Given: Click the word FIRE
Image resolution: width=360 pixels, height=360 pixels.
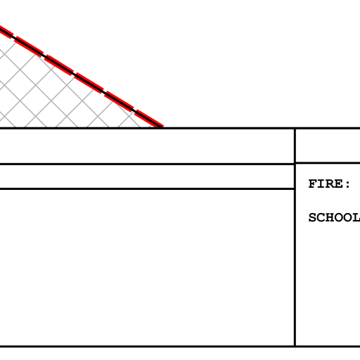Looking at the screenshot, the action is coord(326,184).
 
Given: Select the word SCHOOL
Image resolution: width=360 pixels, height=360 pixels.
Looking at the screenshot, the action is coord(334,217).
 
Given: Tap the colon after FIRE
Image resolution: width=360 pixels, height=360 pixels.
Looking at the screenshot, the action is coord(347,185).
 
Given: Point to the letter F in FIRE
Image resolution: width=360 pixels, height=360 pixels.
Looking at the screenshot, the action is coord(313,184).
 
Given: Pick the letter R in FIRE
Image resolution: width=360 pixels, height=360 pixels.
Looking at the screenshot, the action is coord(330,184).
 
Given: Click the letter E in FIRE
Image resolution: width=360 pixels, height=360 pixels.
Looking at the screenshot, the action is coord(339,184).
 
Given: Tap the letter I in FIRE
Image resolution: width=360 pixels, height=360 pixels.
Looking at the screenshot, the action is coord(321,184).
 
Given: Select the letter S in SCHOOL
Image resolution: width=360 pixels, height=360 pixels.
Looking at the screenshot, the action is coord(313,217).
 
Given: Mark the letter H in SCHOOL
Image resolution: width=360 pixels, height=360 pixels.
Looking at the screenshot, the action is coord(330,217).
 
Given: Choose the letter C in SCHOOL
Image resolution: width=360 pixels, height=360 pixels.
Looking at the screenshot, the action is coord(321,217).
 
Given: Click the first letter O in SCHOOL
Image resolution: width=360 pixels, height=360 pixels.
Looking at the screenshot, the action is coord(339,217).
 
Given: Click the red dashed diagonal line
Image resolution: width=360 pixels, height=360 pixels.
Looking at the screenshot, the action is coord(82,77).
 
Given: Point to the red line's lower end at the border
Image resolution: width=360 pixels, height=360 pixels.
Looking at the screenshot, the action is coord(162,127).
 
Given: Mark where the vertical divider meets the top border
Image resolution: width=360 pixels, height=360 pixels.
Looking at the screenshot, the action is coord(295,129).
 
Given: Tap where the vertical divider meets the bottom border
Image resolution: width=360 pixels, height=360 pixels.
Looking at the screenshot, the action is coord(295,346).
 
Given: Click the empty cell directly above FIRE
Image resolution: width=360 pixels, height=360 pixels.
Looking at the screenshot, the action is coord(328,146).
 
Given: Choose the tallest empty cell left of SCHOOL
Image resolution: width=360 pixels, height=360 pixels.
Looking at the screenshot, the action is coord(147,267).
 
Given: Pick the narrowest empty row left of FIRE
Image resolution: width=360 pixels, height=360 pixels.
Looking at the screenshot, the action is coord(147,176).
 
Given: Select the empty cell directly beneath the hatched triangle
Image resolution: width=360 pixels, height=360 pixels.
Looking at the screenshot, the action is coord(147,146).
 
